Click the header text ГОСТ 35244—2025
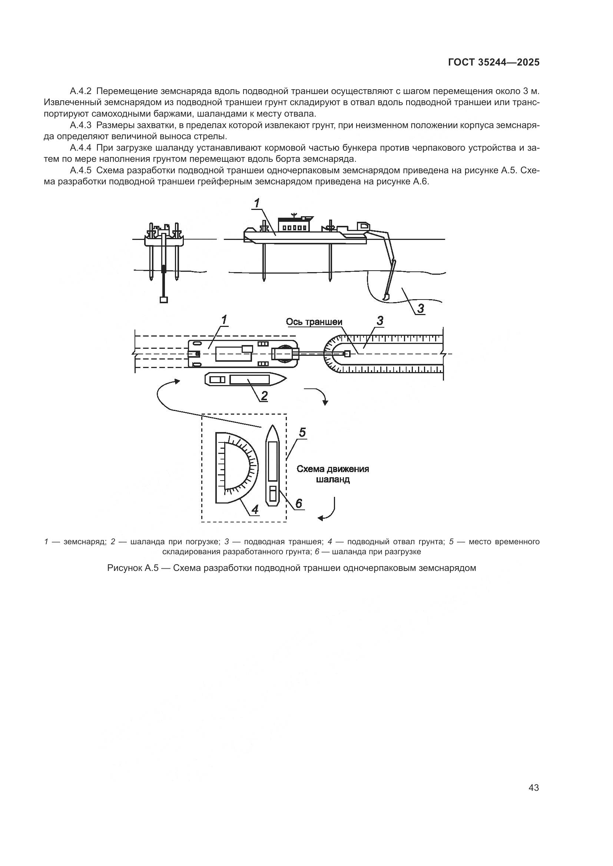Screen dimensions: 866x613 pyautogui.click(x=493, y=63)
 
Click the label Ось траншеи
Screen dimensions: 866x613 pyautogui.click(x=314, y=322)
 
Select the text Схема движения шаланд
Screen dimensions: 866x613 pyautogui.click(x=332, y=474)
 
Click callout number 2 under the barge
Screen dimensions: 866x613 pyautogui.click(x=264, y=396)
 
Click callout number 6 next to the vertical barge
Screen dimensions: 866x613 pyautogui.click(x=298, y=503)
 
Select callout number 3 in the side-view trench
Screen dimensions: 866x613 pyautogui.click(x=420, y=308)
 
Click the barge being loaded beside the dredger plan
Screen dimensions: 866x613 pyautogui.click(x=245, y=379)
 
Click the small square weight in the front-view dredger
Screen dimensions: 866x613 pyautogui.click(x=163, y=300)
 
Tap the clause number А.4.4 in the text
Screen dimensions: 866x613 pyautogui.click(x=81, y=148)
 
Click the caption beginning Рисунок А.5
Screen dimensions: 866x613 pyautogui.click(x=291, y=568)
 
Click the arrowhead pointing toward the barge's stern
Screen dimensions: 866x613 pyautogui.click(x=176, y=382)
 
